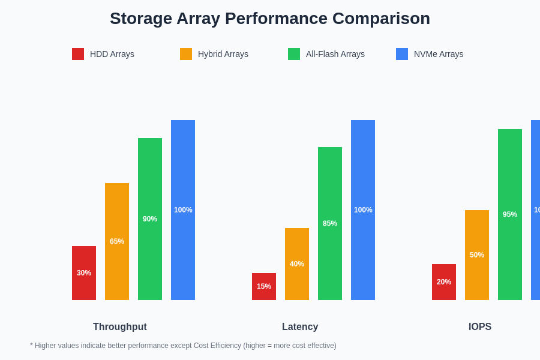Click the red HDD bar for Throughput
point(84,273)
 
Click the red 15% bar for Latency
point(264,286)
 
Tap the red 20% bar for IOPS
point(444,282)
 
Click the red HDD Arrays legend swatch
point(78,54)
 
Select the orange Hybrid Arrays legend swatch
point(186,54)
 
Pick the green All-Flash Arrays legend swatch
point(294,54)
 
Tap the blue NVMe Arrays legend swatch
point(402,54)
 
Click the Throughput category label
point(120,327)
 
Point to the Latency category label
point(300,327)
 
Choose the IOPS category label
point(480,327)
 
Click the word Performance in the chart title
point(275,19)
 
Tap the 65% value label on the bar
point(117,241)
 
